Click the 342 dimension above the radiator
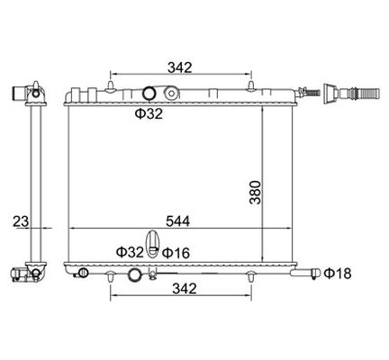pos(179,67)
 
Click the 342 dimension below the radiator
pos(185,289)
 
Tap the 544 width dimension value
pos(178,221)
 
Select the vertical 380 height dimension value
pos(255,193)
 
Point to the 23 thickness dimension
pos(21,221)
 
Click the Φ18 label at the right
pos(338,274)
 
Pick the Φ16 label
pos(176,253)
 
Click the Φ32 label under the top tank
pos(149,113)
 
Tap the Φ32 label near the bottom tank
pos(130,252)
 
